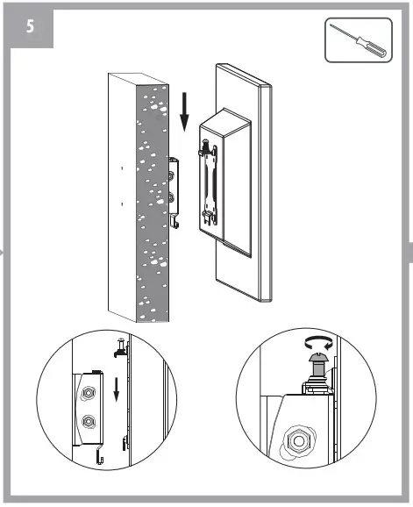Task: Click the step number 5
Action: click(x=30, y=25)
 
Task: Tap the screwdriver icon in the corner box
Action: click(x=358, y=39)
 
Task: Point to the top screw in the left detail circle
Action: click(x=117, y=344)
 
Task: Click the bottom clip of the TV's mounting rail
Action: click(x=210, y=215)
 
